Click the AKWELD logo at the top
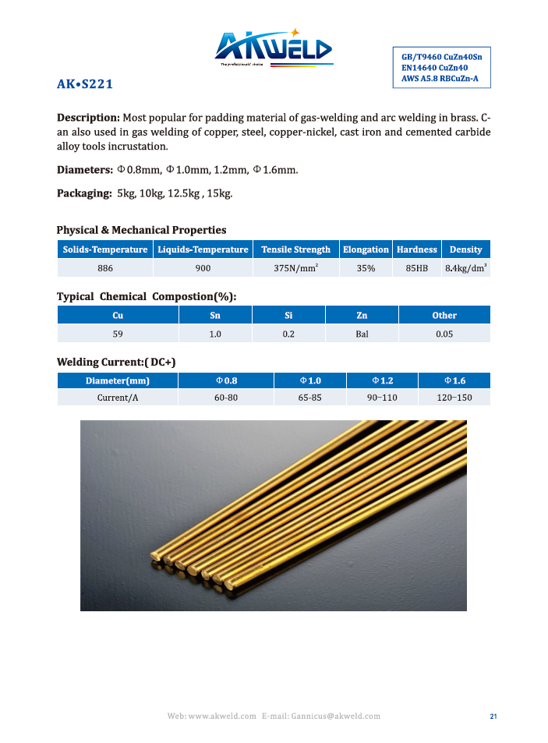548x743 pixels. pyautogui.click(x=274, y=50)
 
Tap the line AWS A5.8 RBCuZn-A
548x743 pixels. pyautogui.click(x=440, y=78)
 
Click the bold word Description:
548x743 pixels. pyautogui.click(x=88, y=118)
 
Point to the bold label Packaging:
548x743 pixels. pyautogui.click(x=85, y=193)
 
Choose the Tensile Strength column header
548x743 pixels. pyautogui.click(x=295, y=249)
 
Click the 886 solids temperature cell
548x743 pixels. pyautogui.click(x=105, y=268)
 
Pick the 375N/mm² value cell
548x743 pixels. pyautogui.click(x=295, y=268)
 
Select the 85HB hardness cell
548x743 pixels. pyautogui.click(x=417, y=268)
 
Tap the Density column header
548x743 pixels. pyautogui.click(x=465, y=249)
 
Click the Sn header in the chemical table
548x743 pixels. pyautogui.click(x=215, y=315)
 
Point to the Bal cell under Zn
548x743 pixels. pyautogui.click(x=362, y=334)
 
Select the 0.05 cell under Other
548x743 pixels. pyautogui.click(x=444, y=334)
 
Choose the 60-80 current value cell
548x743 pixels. pyautogui.click(x=226, y=398)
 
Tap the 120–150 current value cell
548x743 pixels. pyautogui.click(x=454, y=398)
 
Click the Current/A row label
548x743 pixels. pyautogui.click(x=118, y=398)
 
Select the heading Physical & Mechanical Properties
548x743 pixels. pyautogui.click(x=141, y=230)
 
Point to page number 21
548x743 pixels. pyautogui.click(x=493, y=716)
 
